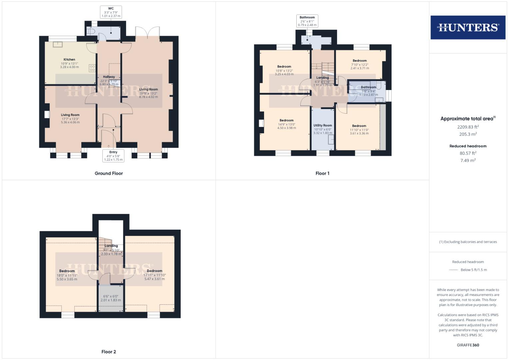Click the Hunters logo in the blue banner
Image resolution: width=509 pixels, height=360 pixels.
tap(468, 27)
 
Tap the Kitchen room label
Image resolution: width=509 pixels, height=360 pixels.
tap(69, 60)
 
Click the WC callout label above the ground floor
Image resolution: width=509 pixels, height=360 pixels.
tap(111, 12)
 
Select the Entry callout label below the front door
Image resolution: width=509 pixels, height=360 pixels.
tap(113, 156)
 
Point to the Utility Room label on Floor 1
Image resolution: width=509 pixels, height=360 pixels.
tap(322, 126)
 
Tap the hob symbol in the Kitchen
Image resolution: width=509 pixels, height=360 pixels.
tap(92, 68)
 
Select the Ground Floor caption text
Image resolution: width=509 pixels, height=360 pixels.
tap(109, 173)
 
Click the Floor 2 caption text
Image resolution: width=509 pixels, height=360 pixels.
tap(109, 352)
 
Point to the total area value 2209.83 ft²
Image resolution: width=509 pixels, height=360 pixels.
tap(468, 127)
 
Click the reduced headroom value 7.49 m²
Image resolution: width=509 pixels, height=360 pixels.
tap(468, 160)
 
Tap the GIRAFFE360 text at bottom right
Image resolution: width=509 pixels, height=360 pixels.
tap(468, 345)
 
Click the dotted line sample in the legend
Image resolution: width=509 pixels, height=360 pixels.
tap(453, 270)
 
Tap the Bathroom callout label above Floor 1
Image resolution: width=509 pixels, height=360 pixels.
tap(307, 21)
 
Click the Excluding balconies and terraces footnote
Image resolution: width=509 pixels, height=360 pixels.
tap(468, 242)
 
